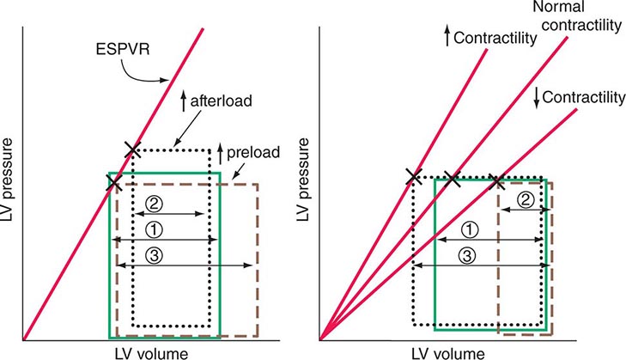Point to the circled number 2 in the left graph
153,204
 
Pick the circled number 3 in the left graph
152,255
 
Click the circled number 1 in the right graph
469,229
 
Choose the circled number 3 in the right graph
469,255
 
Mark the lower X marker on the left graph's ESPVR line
112,182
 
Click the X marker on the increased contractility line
413,177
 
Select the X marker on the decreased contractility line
496,180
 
